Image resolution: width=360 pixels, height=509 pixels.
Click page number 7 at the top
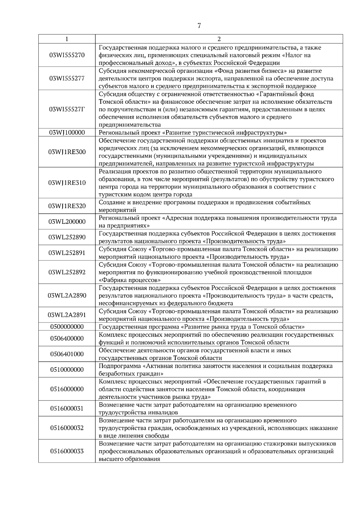click(x=199, y=25)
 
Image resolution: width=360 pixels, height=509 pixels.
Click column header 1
click(x=67, y=39)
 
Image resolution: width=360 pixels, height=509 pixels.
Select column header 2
click(x=219, y=39)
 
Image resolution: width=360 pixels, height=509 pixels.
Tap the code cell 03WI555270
click(x=67, y=55)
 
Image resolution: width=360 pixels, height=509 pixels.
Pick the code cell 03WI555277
click(x=67, y=79)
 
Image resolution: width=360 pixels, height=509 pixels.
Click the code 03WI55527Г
click(x=67, y=109)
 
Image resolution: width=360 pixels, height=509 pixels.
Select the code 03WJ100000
click(x=67, y=132)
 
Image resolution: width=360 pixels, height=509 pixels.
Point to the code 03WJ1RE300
click(x=67, y=152)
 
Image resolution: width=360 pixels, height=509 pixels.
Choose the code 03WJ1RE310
click(x=67, y=183)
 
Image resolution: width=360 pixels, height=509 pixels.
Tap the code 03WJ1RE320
click(x=67, y=206)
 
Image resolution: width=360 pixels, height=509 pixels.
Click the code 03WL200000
click(x=67, y=222)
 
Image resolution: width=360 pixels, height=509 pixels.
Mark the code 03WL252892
click(x=67, y=272)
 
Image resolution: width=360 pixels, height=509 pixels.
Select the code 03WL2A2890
click(x=67, y=296)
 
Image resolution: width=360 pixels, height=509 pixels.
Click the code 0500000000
click(x=67, y=327)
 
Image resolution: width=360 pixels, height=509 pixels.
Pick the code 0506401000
click(x=67, y=354)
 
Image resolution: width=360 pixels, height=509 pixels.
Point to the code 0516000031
click(x=67, y=409)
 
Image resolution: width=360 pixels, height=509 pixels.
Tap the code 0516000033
click(x=67, y=451)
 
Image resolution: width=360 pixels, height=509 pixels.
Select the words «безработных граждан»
click(x=131, y=374)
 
